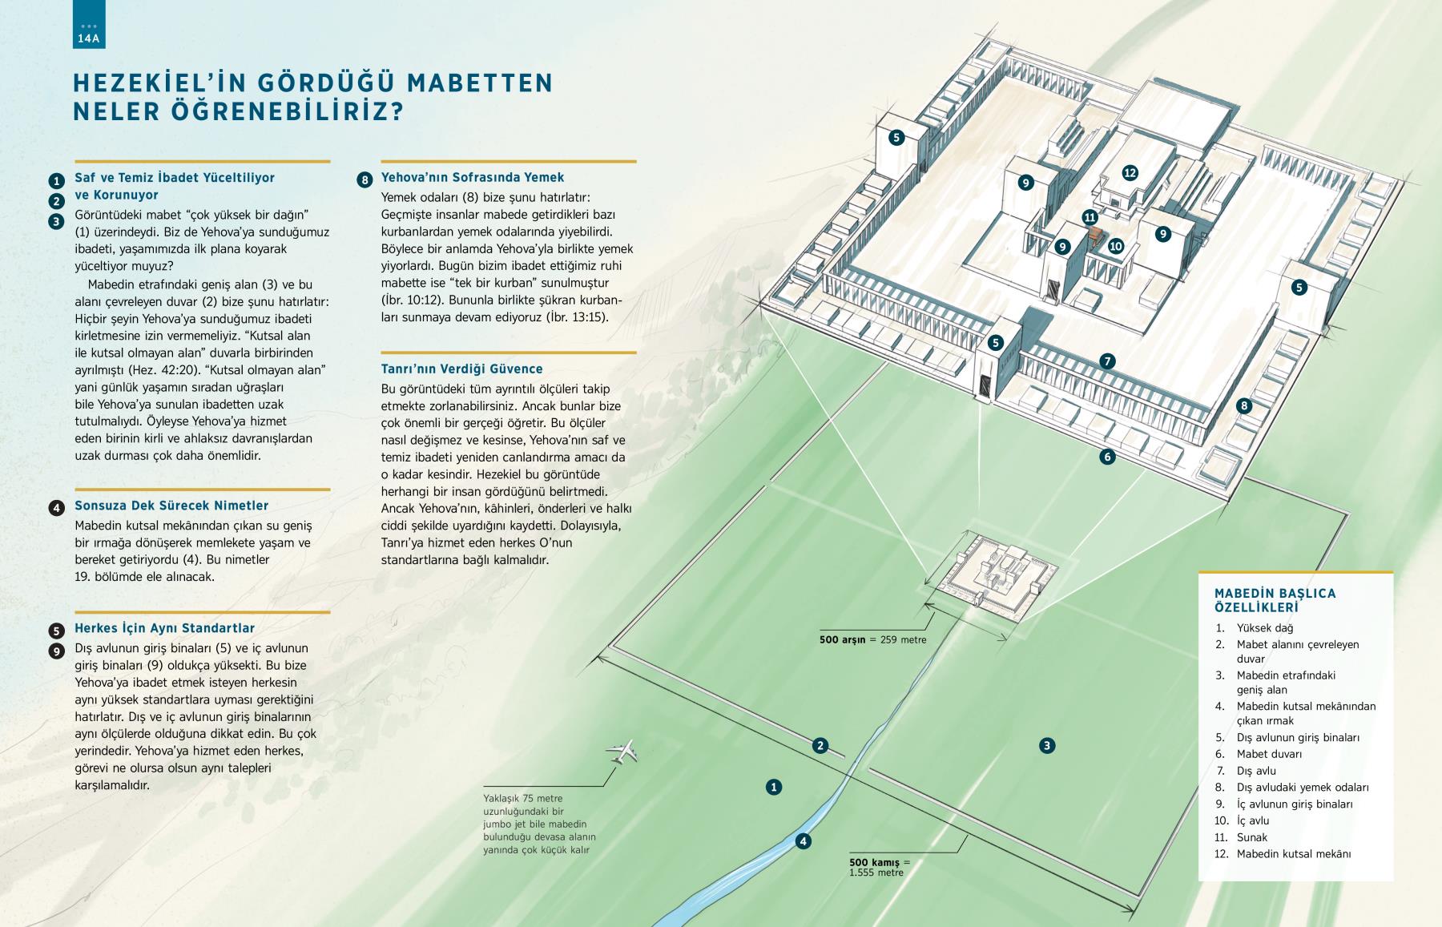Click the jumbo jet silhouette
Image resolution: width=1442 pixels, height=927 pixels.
point(624,752)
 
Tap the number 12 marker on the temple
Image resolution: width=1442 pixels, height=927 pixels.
point(1130,172)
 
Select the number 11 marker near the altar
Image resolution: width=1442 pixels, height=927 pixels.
point(1090,217)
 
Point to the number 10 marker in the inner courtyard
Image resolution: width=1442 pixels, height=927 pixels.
point(1116,246)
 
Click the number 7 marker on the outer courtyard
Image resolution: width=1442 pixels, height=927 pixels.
point(1107,361)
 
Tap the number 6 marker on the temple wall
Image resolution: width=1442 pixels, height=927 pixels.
point(1107,457)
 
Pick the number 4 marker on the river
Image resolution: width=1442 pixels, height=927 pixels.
point(803,841)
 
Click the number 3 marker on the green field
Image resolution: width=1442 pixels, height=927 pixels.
point(1046,745)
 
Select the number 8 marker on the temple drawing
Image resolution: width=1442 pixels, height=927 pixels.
point(1244,405)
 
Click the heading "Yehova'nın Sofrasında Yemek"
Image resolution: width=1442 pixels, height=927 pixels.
point(473,178)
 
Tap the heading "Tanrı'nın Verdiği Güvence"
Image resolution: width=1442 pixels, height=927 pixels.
point(462,369)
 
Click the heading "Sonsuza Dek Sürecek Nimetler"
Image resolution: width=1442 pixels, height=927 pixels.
point(171,506)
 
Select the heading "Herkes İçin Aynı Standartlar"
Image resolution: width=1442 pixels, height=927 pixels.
point(165,628)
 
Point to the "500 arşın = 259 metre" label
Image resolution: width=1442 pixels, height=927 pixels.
point(872,639)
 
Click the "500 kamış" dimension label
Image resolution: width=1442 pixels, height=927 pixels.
point(876,862)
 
